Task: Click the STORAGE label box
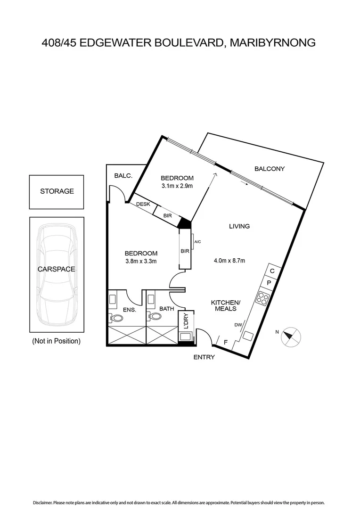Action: click(57, 191)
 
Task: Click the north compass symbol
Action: click(292, 336)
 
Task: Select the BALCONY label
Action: click(270, 168)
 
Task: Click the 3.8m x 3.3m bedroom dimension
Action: click(141, 261)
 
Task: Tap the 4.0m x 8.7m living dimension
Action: click(229, 260)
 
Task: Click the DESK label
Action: click(143, 204)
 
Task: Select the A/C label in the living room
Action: click(197, 242)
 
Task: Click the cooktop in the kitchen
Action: click(262, 298)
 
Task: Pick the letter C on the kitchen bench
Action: click(272, 271)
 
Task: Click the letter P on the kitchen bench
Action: click(269, 283)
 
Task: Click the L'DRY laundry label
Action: click(186, 321)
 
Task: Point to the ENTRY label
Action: click(204, 357)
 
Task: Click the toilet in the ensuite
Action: click(115, 318)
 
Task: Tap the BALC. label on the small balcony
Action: click(123, 175)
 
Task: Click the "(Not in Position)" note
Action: click(56, 341)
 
